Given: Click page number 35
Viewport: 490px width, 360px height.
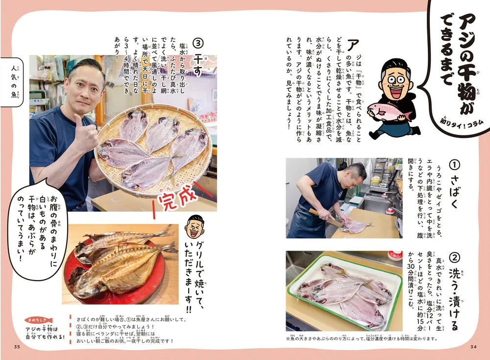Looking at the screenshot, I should click(17, 348).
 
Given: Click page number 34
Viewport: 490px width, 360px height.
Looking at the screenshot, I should click(473, 348).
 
